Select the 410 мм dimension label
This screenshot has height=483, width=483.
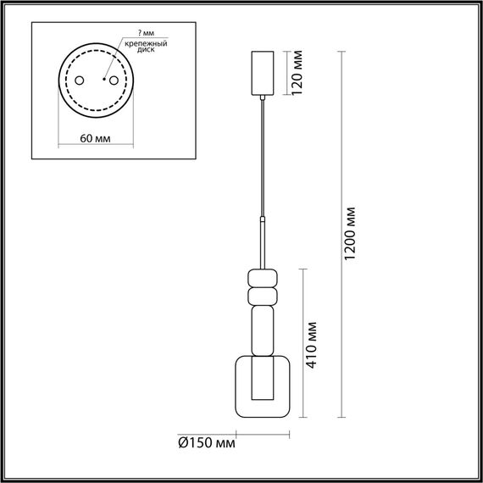click(x=314, y=343)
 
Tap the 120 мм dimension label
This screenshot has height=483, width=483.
click(x=297, y=75)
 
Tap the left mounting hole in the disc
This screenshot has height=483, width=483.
click(x=78, y=81)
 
